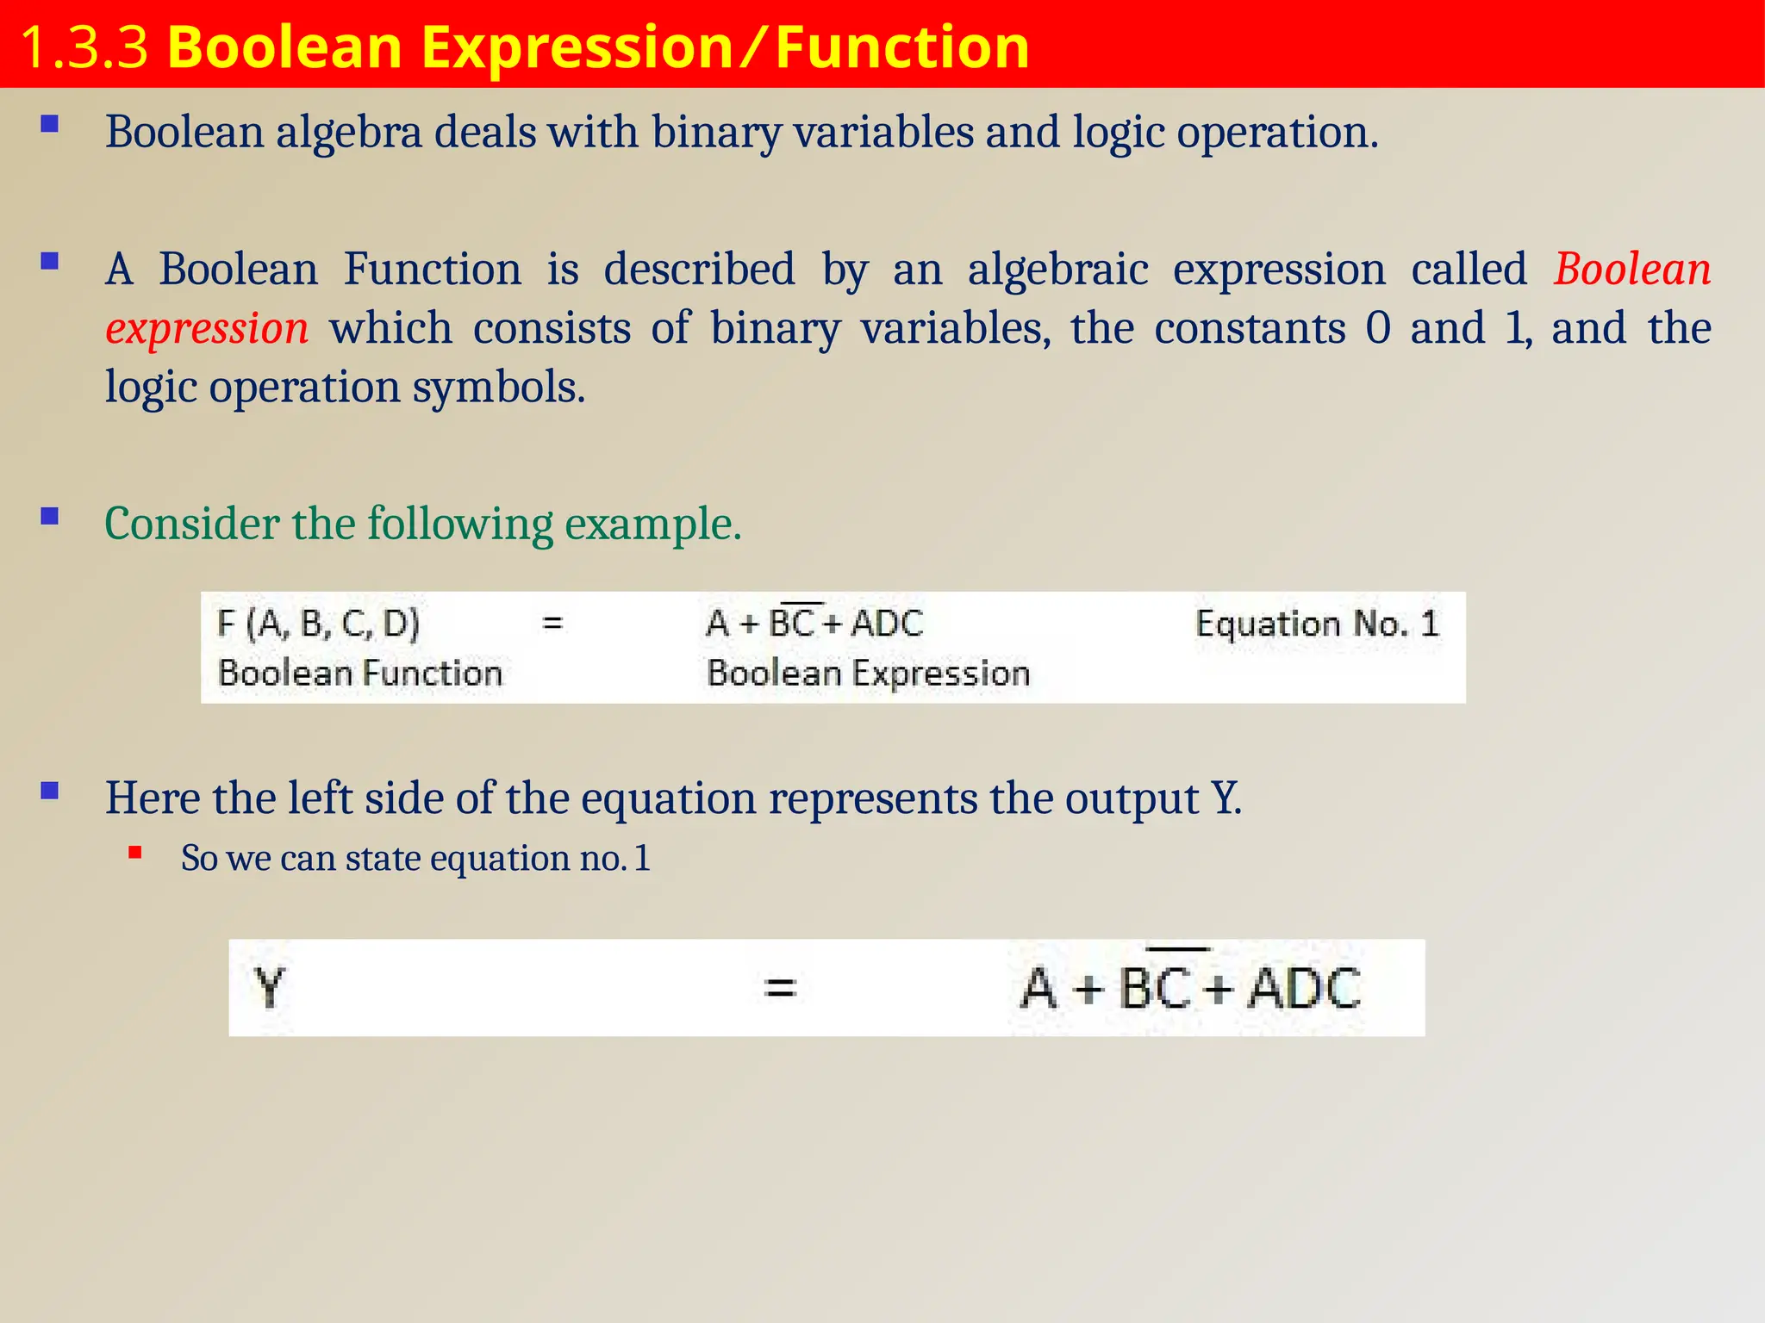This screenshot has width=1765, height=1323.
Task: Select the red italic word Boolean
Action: (x=1632, y=269)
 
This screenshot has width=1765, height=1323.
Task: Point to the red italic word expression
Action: (x=207, y=328)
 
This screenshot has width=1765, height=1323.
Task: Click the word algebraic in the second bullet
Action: (x=1057, y=269)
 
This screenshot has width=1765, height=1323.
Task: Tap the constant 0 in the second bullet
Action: (x=1378, y=328)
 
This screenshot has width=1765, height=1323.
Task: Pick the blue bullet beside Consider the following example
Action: (x=50, y=517)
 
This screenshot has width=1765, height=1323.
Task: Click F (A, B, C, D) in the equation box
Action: (x=318, y=623)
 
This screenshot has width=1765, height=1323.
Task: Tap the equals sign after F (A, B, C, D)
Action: (x=552, y=622)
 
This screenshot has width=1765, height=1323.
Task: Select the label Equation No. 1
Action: (x=1317, y=624)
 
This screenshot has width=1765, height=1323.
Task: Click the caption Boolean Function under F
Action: (x=360, y=673)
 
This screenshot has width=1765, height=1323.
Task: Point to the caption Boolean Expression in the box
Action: (x=868, y=673)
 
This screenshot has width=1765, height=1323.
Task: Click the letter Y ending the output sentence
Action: (x=1226, y=798)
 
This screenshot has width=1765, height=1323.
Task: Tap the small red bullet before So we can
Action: (x=135, y=853)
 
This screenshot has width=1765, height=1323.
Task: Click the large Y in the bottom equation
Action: (x=270, y=988)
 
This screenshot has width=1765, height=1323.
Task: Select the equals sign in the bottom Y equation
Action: (x=780, y=988)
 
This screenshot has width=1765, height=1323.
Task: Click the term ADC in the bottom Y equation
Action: (x=1304, y=988)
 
